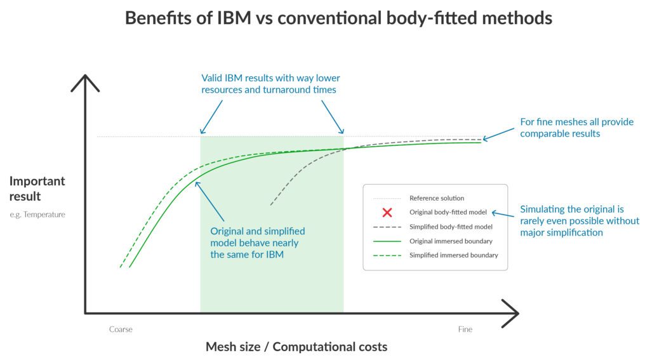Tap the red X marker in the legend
387,213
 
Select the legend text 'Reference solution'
437,198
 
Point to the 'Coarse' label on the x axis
121,330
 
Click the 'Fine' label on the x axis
465,330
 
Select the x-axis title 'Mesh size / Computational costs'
296,347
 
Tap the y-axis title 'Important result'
37,189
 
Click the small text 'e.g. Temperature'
37,215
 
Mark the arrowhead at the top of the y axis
85,83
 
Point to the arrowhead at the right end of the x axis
511,312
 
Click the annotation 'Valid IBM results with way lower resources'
270,84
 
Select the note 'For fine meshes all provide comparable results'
576,128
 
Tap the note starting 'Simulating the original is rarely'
580,220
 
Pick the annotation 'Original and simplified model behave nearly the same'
258,243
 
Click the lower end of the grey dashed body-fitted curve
271,204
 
